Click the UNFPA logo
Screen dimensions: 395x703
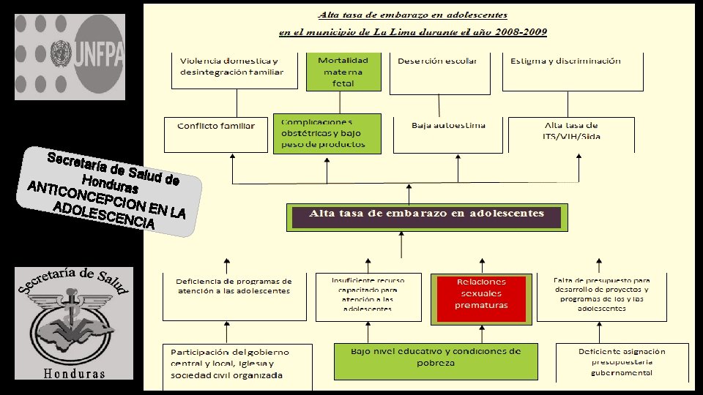(x=70, y=57)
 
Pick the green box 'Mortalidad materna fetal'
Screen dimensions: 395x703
(x=343, y=72)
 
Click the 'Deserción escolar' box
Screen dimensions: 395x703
(x=439, y=73)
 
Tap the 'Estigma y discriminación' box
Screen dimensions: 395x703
(x=566, y=71)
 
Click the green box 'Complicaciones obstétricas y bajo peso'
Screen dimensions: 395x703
(x=328, y=133)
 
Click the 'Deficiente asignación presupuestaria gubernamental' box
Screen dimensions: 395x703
(x=622, y=361)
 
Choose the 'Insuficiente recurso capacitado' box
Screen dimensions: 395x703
(x=367, y=296)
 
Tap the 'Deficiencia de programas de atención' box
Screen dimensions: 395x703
(x=234, y=296)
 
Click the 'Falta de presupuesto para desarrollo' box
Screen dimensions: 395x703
(x=602, y=296)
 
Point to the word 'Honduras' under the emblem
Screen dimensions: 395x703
(x=73, y=374)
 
